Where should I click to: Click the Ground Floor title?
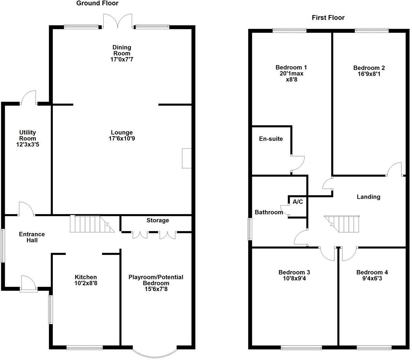(x=97, y=3)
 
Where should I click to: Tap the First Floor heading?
(x=328, y=18)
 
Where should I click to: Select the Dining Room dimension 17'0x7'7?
(x=122, y=59)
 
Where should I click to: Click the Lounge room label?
(x=122, y=132)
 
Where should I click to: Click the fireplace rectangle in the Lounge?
(x=186, y=158)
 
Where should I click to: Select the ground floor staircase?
(x=91, y=224)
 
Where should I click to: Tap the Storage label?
(x=158, y=220)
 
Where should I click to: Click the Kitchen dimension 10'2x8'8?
(x=86, y=283)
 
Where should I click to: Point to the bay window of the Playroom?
(x=155, y=352)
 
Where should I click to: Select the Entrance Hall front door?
(x=28, y=284)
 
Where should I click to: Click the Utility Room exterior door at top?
(x=29, y=97)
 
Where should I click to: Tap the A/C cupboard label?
(x=298, y=202)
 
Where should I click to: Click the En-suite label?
(x=271, y=139)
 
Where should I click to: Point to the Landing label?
(x=368, y=197)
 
